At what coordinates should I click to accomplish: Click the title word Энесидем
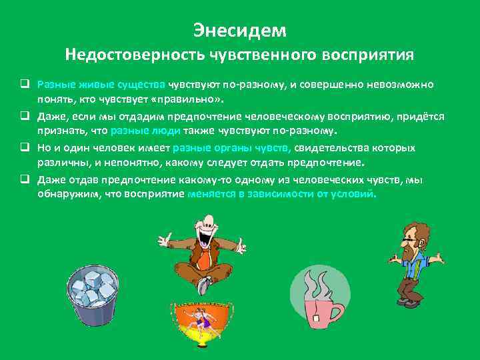[239, 30]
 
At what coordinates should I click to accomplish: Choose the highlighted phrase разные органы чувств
[231, 148]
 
